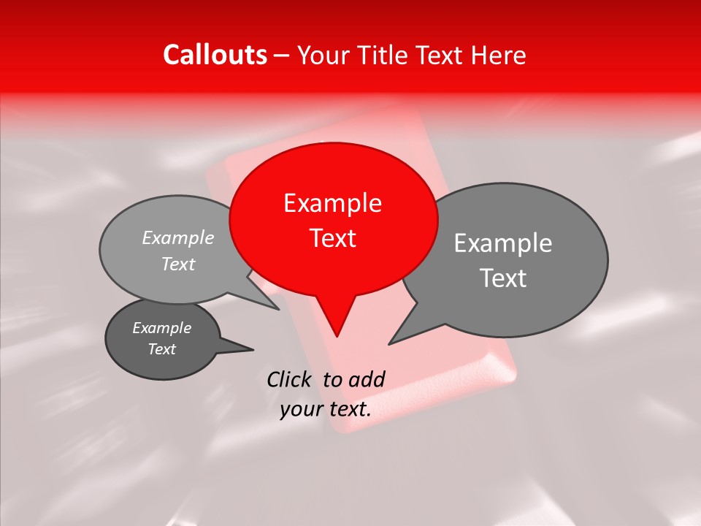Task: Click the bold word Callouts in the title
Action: click(215, 56)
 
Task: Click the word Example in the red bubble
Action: click(332, 203)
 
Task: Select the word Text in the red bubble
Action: click(333, 238)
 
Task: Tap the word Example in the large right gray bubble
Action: click(503, 243)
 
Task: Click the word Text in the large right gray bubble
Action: click(503, 278)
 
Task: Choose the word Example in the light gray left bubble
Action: click(177, 238)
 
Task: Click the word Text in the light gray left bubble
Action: click(177, 264)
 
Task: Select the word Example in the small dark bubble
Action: click(161, 328)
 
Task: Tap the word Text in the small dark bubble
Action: click(161, 349)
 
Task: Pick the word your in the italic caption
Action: click(301, 410)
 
